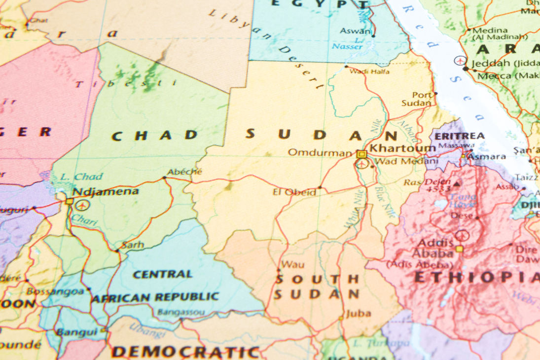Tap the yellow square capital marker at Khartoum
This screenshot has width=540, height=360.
362,154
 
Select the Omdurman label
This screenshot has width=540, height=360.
320,153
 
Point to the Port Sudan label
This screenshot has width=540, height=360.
417,99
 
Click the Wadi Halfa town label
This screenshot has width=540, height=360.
369,72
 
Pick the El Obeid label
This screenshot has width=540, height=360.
294,192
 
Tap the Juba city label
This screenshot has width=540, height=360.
358,313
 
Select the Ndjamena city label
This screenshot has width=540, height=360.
106,191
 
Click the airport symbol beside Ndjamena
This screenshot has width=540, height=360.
82,205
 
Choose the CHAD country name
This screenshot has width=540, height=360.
155,136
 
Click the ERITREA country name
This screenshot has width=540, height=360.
459,136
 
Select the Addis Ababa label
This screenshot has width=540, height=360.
435,248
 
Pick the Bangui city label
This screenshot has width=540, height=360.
76,332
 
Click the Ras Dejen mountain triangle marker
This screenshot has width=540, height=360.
457,183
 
